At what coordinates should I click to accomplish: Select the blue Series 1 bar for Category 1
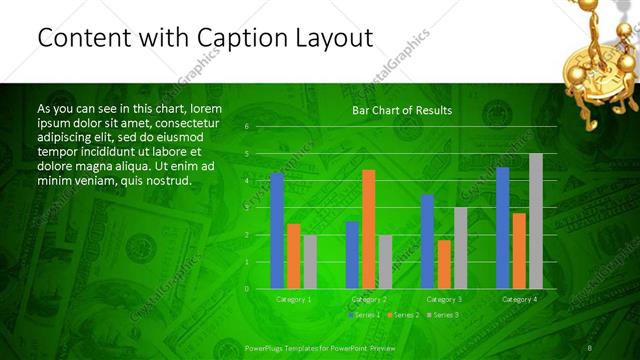(277, 230)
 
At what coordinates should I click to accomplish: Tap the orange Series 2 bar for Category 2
(368, 229)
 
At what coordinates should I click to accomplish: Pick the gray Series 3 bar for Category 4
(535, 221)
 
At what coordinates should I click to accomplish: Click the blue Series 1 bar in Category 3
(427, 241)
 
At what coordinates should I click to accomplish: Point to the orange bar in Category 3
(443, 264)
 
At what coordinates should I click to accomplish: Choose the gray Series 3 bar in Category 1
(310, 261)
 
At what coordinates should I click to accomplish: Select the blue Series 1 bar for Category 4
(502, 228)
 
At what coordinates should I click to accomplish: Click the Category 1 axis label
(293, 299)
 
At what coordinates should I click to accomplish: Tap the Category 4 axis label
(519, 299)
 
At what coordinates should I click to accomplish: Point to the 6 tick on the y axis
(246, 127)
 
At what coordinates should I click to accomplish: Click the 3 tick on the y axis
(246, 208)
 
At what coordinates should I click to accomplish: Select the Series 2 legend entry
(401, 315)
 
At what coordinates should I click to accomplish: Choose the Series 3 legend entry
(443, 315)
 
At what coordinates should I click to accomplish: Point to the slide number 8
(589, 347)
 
